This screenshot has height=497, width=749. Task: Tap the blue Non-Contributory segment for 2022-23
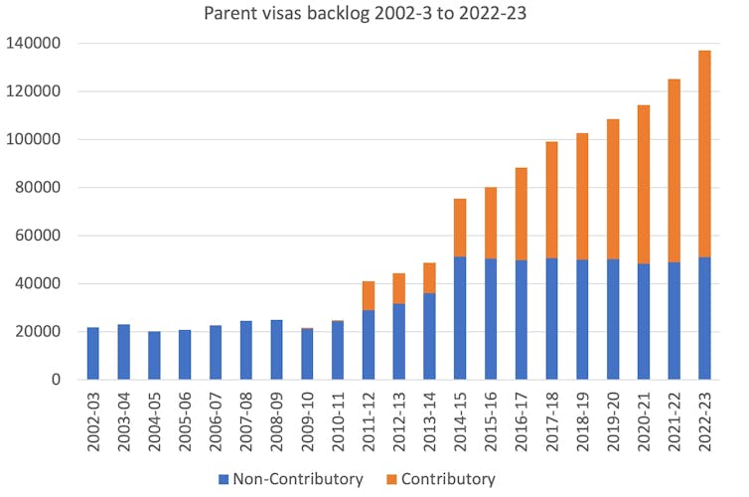pos(705,318)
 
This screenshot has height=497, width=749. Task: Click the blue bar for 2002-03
pos(93,353)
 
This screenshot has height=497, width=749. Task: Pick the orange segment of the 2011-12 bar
pos(369,295)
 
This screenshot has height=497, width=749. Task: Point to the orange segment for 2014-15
pos(460,228)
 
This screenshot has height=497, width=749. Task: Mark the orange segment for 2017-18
pos(552,200)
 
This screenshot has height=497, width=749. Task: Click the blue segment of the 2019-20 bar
pos(613,319)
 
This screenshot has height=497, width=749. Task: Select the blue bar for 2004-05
pos(154,355)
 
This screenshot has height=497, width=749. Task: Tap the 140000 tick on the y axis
pos(34,44)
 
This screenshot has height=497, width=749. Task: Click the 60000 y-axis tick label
pos(38,236)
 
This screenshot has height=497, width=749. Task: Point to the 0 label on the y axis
pos(56,380)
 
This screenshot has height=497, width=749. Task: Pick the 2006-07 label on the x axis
pos(216,420)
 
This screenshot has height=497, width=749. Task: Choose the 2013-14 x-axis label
pos(430,420)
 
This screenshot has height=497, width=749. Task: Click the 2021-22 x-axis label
pos(675,420)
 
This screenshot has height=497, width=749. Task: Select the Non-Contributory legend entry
pos(291,479)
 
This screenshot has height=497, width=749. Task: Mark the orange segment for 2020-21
pos(644,184)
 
